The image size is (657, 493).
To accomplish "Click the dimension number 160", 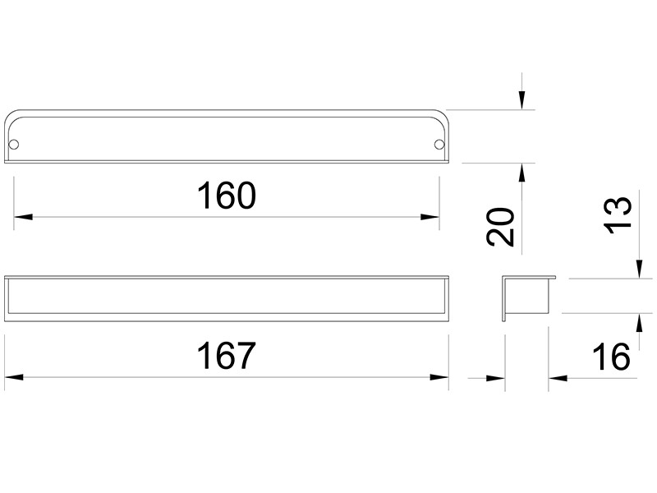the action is coord(227,196).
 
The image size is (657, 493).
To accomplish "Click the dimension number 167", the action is coord(226,356).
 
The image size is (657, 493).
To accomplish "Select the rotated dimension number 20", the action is coord(500,227).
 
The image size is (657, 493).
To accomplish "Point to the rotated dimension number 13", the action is coord(618,214).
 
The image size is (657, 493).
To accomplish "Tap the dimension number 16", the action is coord(611,357).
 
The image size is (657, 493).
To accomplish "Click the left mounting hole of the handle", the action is coord(14,145).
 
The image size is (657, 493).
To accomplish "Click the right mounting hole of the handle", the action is coord(439,145).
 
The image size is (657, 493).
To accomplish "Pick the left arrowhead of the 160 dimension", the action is coord(23,217).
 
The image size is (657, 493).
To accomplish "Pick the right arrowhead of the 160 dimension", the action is coord(430,217).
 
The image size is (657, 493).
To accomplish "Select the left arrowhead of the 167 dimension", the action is coord(13,377).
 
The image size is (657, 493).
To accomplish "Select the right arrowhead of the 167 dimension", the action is coord(439,377).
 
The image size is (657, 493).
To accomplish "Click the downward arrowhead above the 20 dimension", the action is coord(521,100).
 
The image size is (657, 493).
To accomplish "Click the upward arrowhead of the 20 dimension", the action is coord(521,173).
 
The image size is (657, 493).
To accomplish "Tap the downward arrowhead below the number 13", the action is coord(639,269).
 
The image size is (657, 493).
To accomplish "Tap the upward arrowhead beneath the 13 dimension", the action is coord(639,323).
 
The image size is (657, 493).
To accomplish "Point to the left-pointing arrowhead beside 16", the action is coord(558,378).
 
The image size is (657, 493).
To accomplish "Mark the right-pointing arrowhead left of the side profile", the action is coord(496,378).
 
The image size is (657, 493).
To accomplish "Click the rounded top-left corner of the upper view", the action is coord(11,115).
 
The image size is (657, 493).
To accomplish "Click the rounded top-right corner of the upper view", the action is coord(441,115).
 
